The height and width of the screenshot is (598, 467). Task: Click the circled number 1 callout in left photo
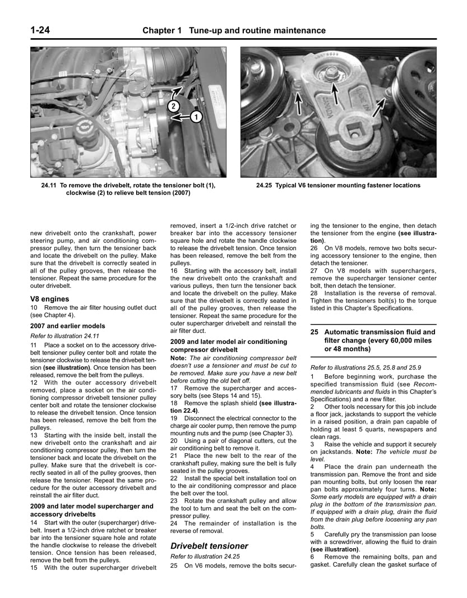196,117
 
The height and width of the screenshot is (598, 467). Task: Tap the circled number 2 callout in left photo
174,106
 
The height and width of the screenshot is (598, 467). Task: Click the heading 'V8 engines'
50,299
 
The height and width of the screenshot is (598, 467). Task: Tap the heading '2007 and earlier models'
67,326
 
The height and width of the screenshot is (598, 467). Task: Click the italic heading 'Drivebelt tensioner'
209,546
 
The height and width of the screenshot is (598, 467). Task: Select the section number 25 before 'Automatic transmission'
315,332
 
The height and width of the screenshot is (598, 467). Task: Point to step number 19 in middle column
174,418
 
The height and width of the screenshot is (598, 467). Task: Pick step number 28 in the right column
314,293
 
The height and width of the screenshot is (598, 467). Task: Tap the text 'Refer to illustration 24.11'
67,335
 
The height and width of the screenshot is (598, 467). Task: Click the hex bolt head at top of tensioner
331,72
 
